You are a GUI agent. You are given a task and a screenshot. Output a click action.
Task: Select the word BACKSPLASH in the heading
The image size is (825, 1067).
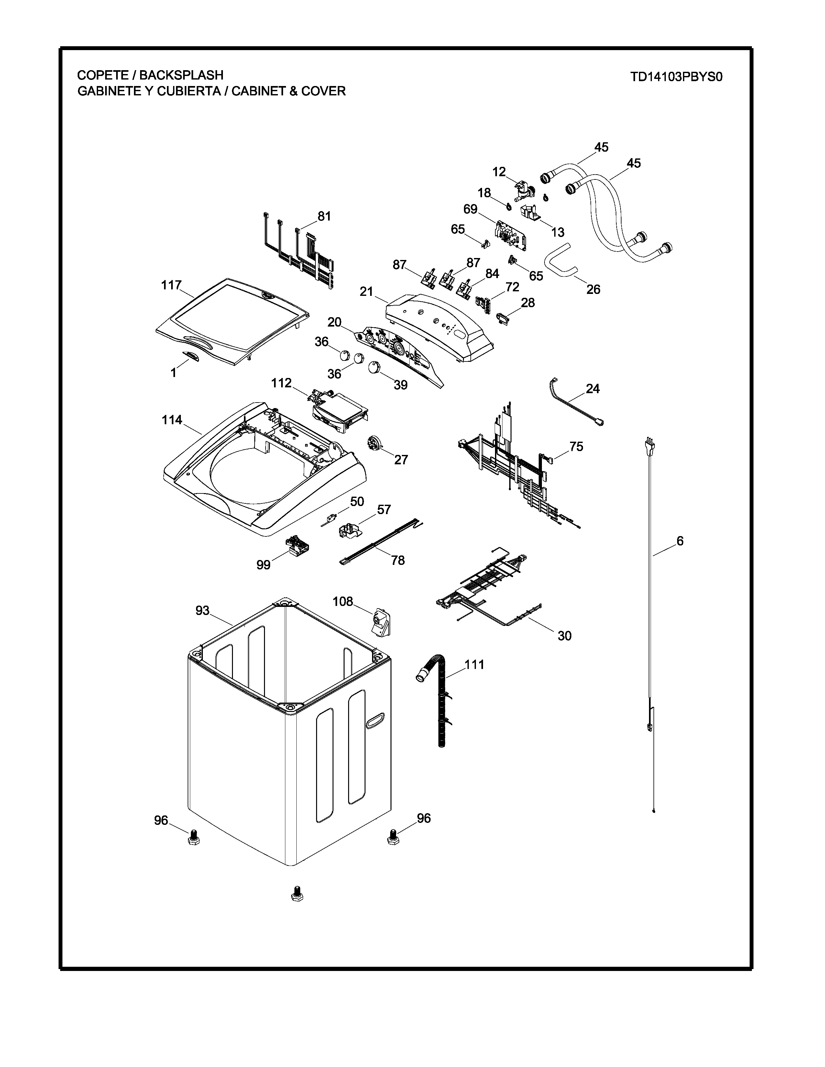pyautogui.click(x=181, y=75)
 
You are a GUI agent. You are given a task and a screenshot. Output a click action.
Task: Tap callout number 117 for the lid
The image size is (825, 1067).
pyautogui.click(x=171, y=285)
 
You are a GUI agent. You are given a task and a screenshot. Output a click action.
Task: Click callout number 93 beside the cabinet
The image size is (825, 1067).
pyautogui.click(x=202, y=610)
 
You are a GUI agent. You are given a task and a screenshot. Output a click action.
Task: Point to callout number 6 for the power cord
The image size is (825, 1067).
pyautogui.click(x=680, y=541)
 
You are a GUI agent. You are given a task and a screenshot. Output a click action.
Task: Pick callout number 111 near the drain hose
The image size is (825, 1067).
pyautogui.click(x=474, y=664)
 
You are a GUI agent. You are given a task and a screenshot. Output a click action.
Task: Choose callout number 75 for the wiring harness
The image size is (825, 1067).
pyautogui.click(x=576, y=447)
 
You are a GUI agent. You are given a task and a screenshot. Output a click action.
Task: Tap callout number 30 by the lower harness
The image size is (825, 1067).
pyautogui.click(x=565, y=636)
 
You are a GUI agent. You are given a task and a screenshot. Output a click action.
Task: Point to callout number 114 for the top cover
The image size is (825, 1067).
pyautogui.click(x=172, y=420)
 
